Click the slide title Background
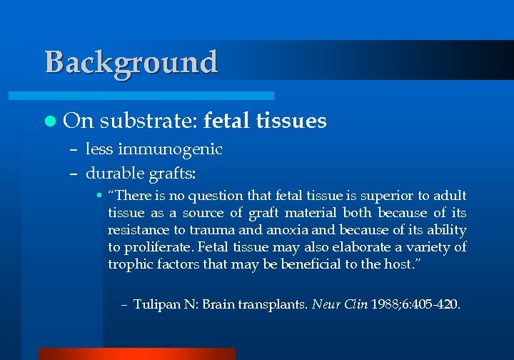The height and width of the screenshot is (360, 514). [131, 62]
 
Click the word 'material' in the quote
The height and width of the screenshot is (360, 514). [309, 213]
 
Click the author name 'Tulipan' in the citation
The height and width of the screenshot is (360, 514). [156, 304]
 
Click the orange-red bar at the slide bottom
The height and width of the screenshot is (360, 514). [136, 354]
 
